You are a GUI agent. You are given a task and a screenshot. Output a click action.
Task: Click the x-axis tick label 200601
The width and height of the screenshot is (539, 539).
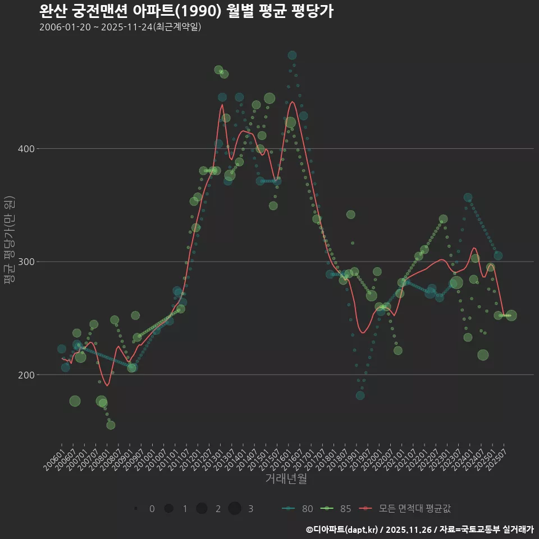point(53,458)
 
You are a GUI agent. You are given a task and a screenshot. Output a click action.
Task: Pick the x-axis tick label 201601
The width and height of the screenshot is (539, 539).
point(287,458)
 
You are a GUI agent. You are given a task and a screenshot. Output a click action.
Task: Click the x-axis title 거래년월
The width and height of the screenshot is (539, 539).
point(286,479)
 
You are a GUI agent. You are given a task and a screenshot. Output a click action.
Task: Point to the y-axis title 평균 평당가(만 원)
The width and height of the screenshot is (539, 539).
point(8,241)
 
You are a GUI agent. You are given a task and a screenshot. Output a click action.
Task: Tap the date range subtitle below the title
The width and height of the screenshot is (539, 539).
point(120,27)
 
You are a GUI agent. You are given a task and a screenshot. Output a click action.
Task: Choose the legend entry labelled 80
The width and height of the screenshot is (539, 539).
point(298,509)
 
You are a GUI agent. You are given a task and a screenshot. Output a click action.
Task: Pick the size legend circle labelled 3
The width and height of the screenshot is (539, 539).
point(235,509)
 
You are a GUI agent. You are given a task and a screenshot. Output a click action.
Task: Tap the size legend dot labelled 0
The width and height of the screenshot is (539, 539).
point(136,509)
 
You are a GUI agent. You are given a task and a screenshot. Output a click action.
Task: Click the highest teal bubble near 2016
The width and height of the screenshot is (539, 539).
point(292,55)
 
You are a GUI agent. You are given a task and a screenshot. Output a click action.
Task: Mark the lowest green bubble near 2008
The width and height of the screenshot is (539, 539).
point(111,425)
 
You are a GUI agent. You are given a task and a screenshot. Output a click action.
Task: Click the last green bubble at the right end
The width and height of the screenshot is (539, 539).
point(511,316)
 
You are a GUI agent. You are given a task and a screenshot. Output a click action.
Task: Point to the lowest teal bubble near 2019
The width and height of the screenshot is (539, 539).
point(360,395)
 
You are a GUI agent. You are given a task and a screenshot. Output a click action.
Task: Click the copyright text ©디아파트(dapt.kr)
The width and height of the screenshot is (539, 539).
point(342,529)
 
